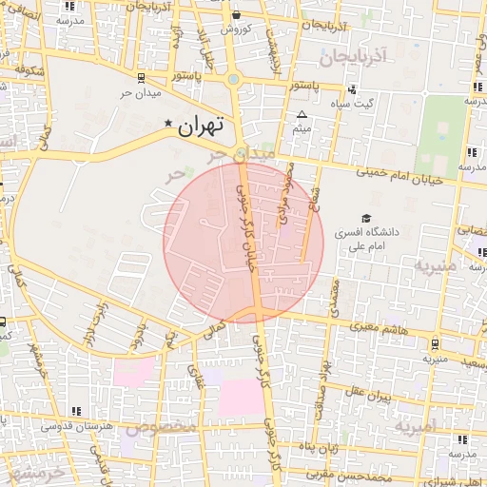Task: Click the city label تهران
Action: point(201,125)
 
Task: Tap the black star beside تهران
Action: point(169,123)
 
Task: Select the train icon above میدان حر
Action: point(141,78)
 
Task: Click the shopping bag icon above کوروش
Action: point(236,14)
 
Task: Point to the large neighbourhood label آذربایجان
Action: point(354,57)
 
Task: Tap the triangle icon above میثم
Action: point(302,114)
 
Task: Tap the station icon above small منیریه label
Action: point(435,343)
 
